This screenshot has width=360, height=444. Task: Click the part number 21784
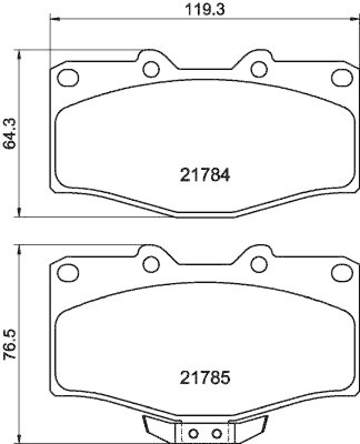[x=205, y=175]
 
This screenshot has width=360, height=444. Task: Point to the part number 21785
[x=205, y=379]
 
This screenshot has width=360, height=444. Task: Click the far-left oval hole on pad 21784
[x=68, y=77]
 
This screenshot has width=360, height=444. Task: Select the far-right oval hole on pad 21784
[x=340, y=77]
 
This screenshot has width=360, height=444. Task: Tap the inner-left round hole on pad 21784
[x=151, y=69]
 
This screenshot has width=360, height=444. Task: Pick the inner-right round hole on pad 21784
[x=257, y=69]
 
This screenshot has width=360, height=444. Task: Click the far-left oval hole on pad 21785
[x=68, y=271]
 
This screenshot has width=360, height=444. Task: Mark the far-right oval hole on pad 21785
[x=340, y=271]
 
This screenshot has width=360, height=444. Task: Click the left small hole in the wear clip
[x=193, y=433]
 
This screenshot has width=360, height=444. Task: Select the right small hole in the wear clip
[x=217, y=433]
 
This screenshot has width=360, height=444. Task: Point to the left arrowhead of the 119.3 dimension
[x=54, y=19]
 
